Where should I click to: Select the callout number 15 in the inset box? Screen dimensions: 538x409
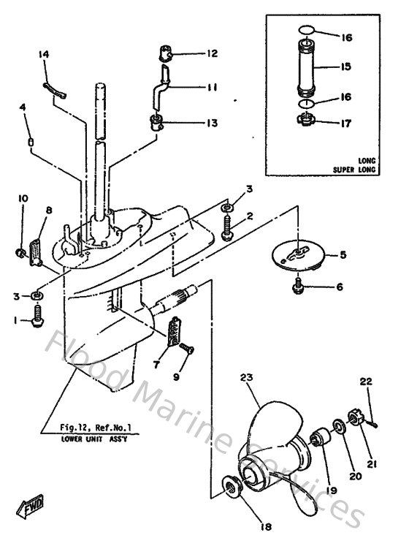pos(345,66)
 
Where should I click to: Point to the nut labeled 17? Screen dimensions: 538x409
pos(307,118)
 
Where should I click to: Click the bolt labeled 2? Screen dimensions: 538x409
pos(226,227)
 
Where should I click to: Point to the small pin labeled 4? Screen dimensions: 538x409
pos(31,140)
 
